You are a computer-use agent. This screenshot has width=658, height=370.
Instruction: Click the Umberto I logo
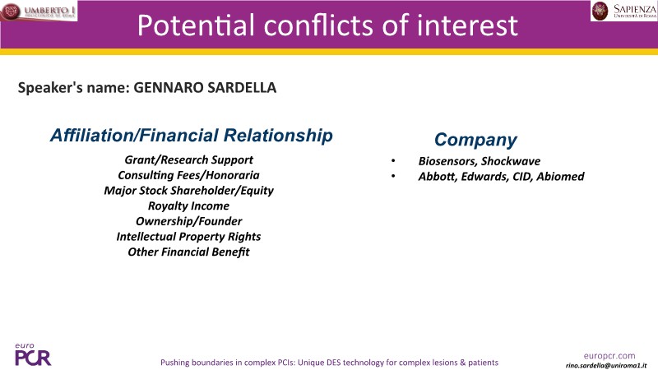[39, 11]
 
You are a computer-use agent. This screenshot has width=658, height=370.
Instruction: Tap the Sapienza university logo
[624, 11]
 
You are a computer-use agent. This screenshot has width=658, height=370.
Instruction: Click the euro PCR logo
[33, 354]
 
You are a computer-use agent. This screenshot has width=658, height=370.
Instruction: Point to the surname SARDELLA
[242, 88]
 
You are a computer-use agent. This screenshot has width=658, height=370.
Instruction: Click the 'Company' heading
[475, 140]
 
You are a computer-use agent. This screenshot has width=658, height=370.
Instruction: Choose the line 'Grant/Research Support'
[189, 160]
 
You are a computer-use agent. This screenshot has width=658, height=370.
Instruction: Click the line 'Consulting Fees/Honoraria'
[189, 175]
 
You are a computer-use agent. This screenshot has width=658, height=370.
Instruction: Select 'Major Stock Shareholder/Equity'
[189, 191]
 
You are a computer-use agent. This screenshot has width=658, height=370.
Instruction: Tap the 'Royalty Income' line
[189, 206]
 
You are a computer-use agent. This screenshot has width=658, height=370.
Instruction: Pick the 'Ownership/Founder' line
[189, 221]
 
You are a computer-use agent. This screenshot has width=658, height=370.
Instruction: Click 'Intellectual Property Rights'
[189, 237]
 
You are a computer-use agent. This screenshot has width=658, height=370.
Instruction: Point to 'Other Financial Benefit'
[189, 252]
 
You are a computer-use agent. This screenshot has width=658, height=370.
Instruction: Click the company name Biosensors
[447, 161]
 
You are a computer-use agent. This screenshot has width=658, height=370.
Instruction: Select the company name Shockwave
[511, 161]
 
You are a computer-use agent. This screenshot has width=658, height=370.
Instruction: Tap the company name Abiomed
[560, 176]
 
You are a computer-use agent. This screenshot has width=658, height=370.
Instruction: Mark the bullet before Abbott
[393, 176]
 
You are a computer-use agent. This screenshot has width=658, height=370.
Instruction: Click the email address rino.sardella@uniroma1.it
[606, 365]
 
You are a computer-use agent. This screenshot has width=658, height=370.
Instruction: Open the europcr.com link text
[609, 356]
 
